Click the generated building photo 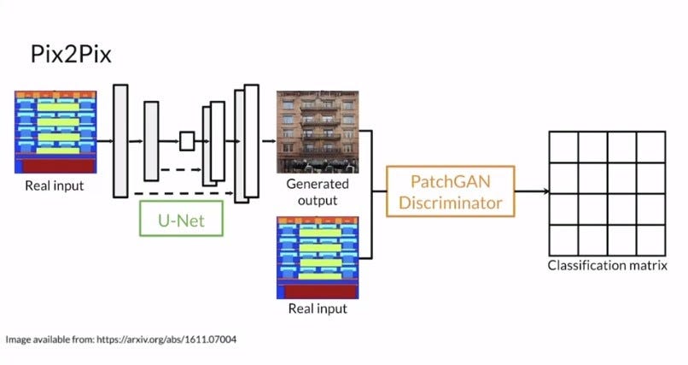[x=316, y=131]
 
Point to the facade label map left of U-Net [x=54, y=131]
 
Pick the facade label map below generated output [x=318, y=257]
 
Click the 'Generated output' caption [x=317, y=191]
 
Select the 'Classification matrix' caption [x=606, y=266]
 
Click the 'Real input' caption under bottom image [x=317, y=308]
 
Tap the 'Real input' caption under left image [x=55, y=184]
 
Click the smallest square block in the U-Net [x=187, y=141]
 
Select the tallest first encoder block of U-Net [x=120, y=140]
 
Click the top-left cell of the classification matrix [x=563, y=147]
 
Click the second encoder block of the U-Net [x=151, y=140]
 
